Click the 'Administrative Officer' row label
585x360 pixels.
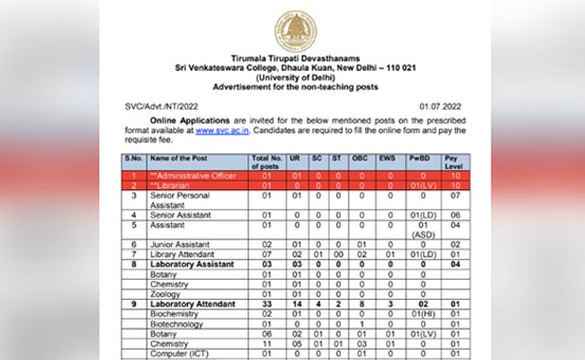pyautogui.click(x=194, y=175)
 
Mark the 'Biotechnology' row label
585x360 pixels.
pyautogui.click(x=180, y=323)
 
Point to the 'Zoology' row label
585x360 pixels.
pyautogui.click(x=168, y=293)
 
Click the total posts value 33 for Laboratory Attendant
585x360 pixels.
pyautogui.click(x=267, y=304)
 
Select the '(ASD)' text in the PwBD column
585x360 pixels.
pyautogui.click(x=422, y=234)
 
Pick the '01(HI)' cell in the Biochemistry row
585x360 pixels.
pyautogui.click(x=422, y=314)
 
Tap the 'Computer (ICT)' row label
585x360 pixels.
pyautogui.click(x=184, y=353)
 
